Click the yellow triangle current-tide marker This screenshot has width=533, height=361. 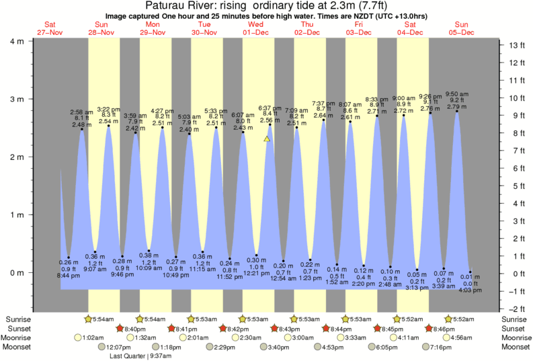click(267, 139)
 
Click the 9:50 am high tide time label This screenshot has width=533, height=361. click(456, 93)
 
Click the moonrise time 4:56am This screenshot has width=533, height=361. click(462, 337)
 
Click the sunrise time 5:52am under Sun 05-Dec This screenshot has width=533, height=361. click(462, 319)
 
